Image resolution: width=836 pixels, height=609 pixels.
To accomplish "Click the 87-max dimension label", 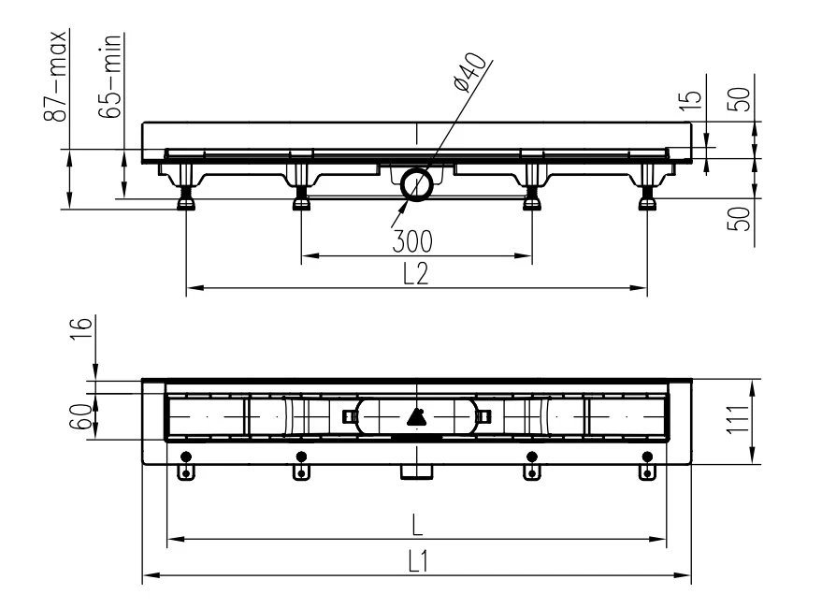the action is click(56, 76).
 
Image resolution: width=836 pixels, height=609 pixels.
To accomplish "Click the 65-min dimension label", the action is click(110, 76).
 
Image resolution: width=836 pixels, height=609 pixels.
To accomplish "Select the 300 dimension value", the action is click(412, 241).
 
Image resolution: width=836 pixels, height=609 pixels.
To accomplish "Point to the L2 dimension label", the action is click(415, 273).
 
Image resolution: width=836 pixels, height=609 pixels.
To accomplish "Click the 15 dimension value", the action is click(691, 100).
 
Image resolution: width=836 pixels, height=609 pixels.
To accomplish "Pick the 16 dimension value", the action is click(81, 328).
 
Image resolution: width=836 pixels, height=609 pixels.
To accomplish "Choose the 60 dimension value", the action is click(81, 416).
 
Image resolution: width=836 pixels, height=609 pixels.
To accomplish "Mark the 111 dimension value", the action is click(739, 420).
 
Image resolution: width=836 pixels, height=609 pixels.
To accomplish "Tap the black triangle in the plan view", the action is click(416, 417).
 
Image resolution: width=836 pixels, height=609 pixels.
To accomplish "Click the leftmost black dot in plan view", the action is click(186, 457).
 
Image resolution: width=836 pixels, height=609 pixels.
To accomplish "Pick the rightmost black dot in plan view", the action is click(647, 457).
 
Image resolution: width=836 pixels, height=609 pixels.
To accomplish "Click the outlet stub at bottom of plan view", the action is click(417, 471).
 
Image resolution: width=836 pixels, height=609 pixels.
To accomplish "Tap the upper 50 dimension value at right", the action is click(739, 99).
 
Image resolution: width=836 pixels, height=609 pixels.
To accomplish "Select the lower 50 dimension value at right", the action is click(739, 219).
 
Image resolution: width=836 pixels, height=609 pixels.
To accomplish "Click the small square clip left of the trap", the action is click(349, 416).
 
